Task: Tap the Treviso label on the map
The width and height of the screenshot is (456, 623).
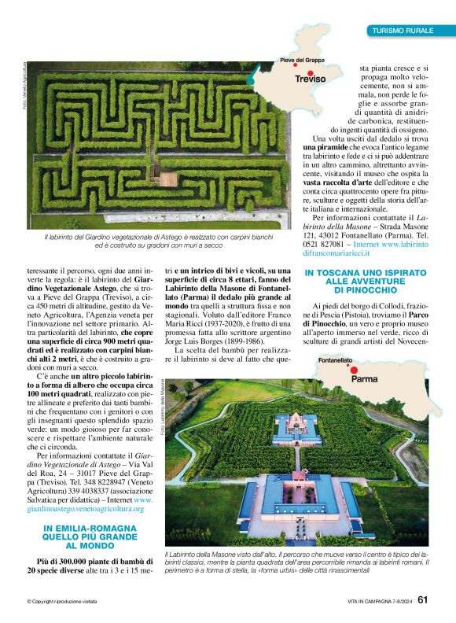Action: click(x=309, y=79)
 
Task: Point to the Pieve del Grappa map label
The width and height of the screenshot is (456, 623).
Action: click(x=302, y=61)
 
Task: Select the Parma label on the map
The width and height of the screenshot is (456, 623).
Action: click(x=364, y=378)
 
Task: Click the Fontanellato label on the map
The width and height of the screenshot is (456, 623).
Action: click(x=335, y=360)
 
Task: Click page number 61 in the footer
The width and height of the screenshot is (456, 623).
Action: click(x=422, y=600)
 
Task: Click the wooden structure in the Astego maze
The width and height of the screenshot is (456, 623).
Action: click(x=168, y=179)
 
